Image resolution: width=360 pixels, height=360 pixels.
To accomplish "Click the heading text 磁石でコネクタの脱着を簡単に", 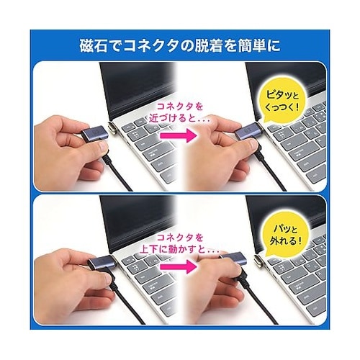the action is point(180,45).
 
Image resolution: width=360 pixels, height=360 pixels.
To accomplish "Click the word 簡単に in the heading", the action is point(258,45).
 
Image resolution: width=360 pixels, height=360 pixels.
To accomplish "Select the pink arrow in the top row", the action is point(178,135).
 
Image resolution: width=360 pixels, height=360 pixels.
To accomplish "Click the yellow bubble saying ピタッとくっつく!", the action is point(283,102).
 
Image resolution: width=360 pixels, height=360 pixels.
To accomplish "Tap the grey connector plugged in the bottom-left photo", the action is point(102,262).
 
